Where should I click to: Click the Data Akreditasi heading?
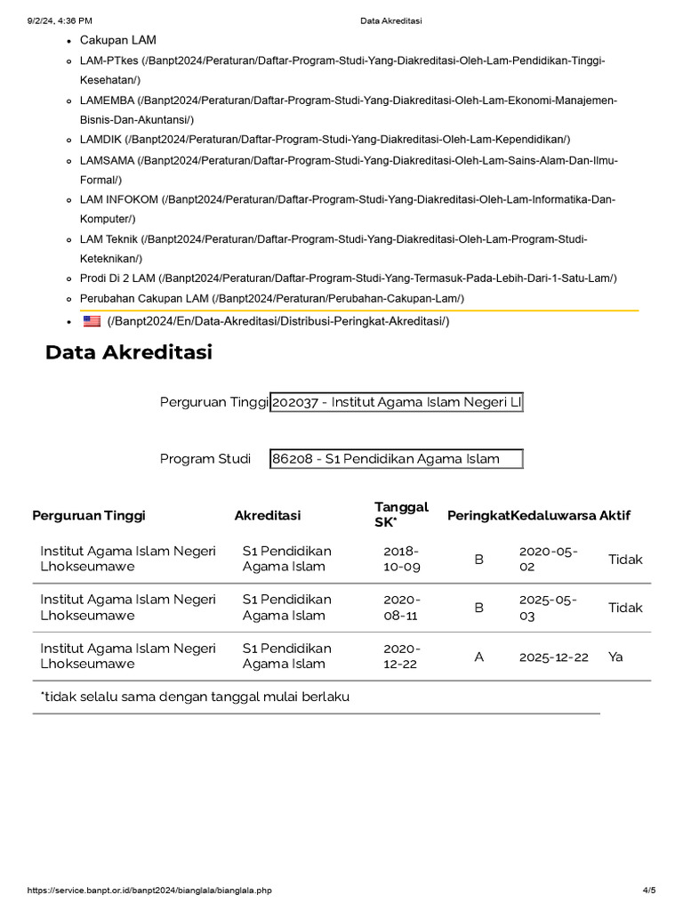[129, 353]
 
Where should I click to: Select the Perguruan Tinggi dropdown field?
[397, 402]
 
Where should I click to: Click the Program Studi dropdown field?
[397, 459]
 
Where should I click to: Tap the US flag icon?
[92, 321]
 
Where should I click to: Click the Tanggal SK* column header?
[401, 514]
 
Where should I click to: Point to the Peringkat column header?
[478, 515]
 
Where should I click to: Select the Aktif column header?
[615, 515]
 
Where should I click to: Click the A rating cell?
[479, 657]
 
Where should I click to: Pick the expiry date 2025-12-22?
[553, 657]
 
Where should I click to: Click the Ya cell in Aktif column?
[616, 657]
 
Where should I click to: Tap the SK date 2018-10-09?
[401, 559]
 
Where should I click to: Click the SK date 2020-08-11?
[401, 608]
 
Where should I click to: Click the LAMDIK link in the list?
[325, 139]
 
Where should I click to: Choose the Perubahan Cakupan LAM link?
[271, 298]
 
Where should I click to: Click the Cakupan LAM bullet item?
[117, 40]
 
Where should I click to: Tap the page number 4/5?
[648, 890]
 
